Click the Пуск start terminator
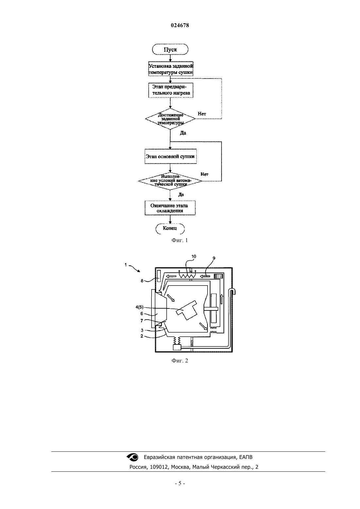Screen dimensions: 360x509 tap(170, 49)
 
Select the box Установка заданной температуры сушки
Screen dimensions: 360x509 tap(171, 69)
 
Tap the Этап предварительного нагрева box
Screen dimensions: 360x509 tap(171, 90)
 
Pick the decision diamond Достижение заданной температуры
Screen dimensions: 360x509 tap(170, 119)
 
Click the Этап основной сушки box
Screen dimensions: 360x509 tap(171, 156)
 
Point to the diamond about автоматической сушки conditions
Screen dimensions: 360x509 tap(170, 181)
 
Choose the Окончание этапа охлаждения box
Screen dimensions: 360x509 tap(170, 208)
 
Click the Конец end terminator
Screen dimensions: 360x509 tap(170, 228)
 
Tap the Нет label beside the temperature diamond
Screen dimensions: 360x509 tap(202, 114)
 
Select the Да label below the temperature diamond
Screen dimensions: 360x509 tap(183, 133)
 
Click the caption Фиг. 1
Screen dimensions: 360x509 tap(180, 240)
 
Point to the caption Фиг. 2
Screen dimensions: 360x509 tap(180, 360)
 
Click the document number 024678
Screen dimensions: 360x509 tap(180, 25)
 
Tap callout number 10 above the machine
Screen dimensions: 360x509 tap(194, 256)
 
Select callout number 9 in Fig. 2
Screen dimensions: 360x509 tap(214, 258)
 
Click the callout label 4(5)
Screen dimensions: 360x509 tap(139, 307)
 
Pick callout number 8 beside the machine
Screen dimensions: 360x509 tap(142, 281)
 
